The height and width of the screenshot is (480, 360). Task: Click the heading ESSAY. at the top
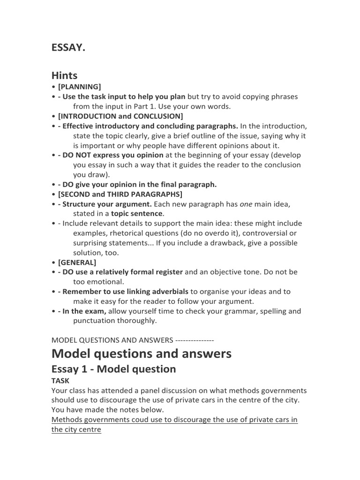68,49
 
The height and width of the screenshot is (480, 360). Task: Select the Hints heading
64,75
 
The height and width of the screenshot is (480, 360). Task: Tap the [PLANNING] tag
79,87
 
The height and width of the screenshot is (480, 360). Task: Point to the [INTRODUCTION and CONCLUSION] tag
120,116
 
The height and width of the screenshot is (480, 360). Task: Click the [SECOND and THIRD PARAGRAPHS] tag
120,194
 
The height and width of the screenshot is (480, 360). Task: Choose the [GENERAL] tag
77,262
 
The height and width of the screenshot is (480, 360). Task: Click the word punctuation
96,321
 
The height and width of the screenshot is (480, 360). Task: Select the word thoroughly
139,321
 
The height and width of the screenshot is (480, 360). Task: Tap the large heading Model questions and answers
141,353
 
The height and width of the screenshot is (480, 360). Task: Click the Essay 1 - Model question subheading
113,369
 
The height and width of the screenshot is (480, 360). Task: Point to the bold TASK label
60,381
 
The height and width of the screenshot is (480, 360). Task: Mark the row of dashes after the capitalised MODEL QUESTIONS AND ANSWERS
195,340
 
